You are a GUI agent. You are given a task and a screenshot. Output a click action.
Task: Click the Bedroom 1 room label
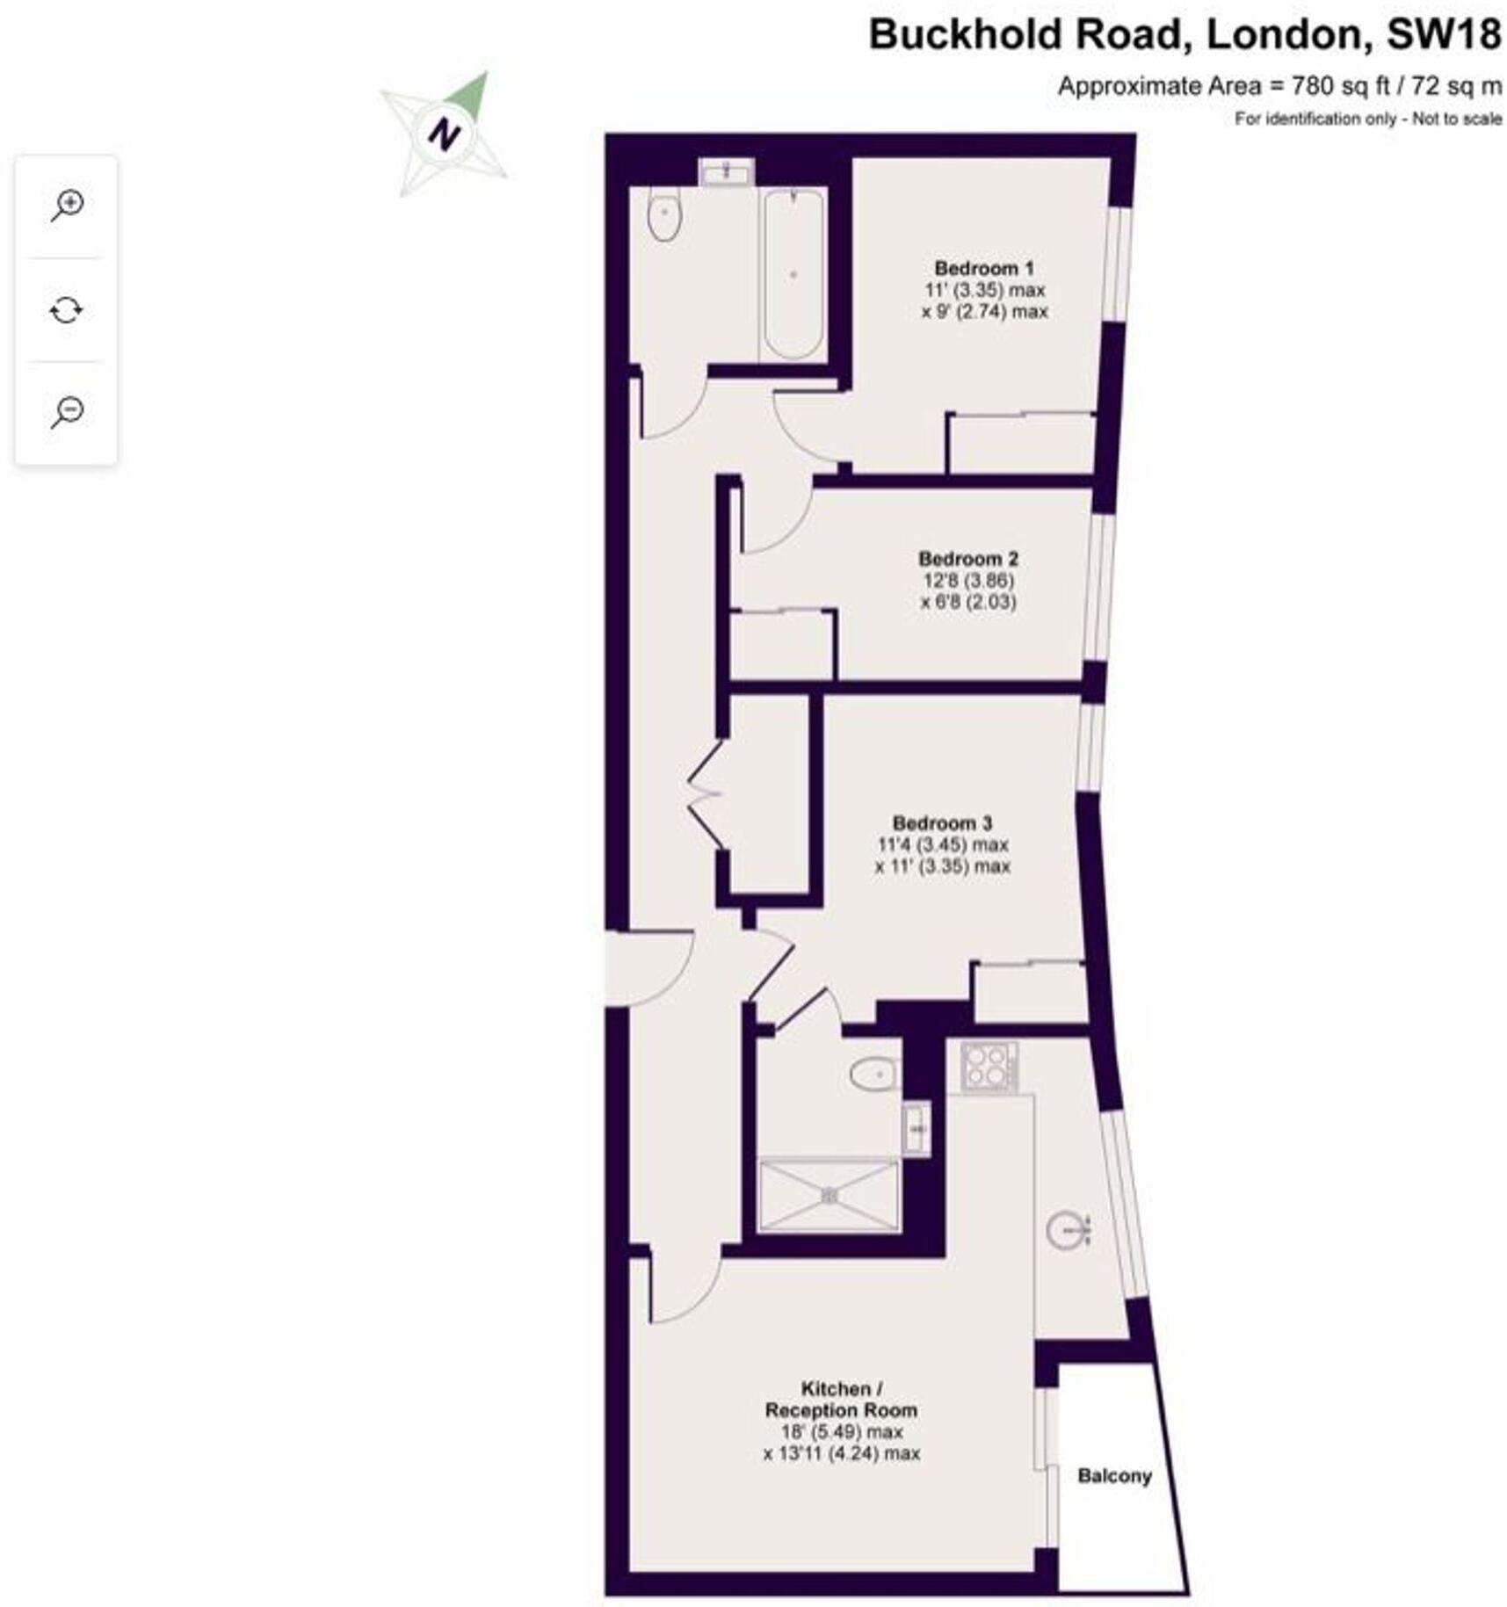tap(983, 268)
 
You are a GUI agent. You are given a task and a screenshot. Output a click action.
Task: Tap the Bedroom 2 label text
tap(967, 558)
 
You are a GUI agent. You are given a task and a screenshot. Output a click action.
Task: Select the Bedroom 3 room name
tap(941, 823)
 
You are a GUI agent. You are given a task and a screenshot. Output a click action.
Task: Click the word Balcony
tap(1113, 1475)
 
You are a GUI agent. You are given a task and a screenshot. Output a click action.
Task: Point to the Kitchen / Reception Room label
tap(841, 1399)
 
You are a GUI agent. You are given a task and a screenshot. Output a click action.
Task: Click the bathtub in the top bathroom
tap(793, 274)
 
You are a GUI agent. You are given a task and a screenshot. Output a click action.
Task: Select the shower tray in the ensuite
tap(829, 1195)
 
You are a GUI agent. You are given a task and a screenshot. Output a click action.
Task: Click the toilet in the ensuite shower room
tap(873, 1074)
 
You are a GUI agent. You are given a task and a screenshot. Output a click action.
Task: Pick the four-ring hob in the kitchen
tap(989, 1066)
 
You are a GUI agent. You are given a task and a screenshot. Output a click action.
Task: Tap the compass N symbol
tap(444, 134)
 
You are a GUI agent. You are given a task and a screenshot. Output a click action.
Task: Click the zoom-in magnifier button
tap(67, 206)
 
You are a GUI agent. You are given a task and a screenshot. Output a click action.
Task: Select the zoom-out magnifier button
tap(67, 411)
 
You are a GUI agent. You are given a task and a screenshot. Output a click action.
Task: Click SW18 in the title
tap(1443, 34)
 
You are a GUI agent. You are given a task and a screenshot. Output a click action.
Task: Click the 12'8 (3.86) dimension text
tap(967, 580)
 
